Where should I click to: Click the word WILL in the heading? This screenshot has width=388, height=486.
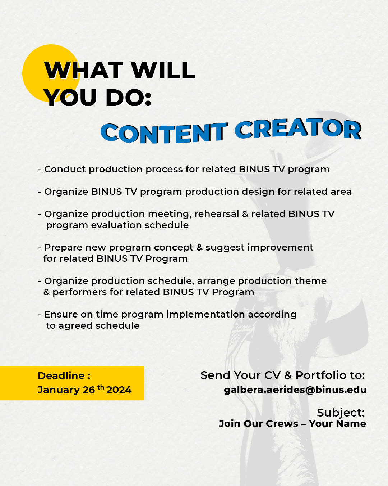(x=163, y=70)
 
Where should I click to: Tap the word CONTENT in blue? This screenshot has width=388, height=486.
(x=164, y=133)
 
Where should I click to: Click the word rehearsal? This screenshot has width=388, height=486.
(x=217, y=214)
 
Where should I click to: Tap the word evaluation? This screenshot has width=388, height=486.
(x=116, y=225)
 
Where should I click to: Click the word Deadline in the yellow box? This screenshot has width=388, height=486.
(x=61, y=375)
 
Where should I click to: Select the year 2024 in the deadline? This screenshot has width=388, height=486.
(x=119, y=390)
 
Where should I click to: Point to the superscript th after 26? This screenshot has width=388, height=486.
(x=101, y=387)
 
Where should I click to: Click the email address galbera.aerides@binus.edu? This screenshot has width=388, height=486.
(x=295, y=390)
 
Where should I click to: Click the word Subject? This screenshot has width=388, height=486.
(x=341, y=413)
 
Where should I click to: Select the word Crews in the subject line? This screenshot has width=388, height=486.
(x=282, y=424)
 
